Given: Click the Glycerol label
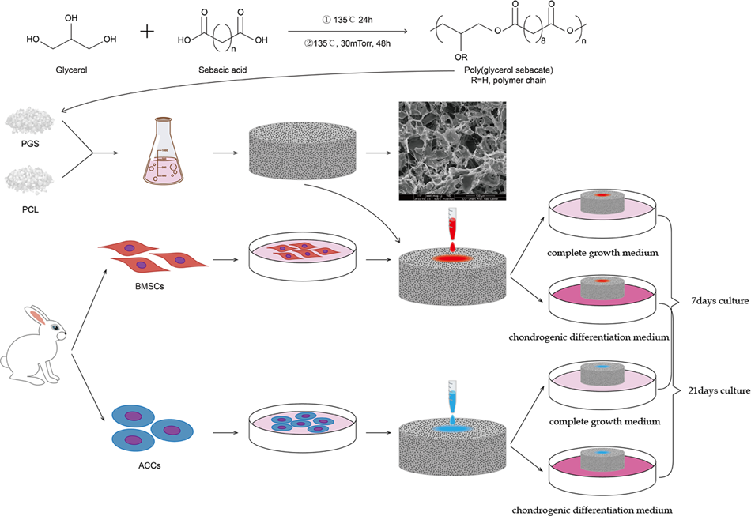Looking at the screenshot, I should click(x=72, y=70).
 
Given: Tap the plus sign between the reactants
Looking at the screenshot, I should click(x=149, y=33).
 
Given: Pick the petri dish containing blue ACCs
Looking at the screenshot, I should click(x=301, y=427).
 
